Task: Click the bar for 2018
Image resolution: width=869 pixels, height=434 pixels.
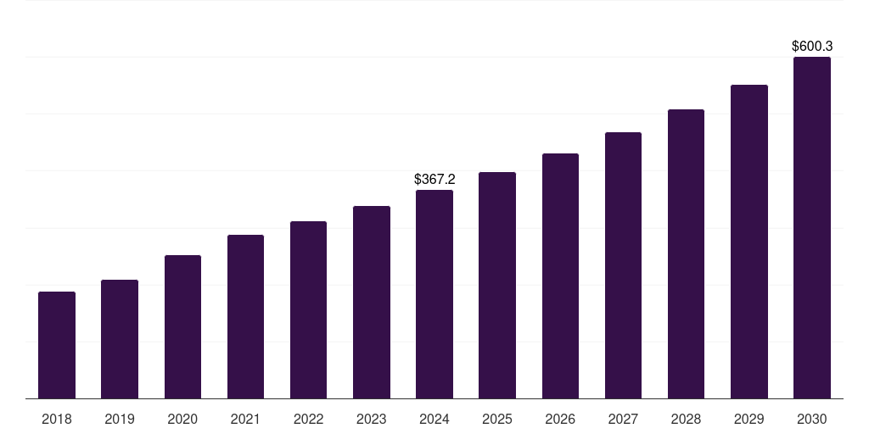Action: pyautogui.click(x=57, y=345)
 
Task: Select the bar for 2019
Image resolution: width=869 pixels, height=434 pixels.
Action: pyautogui.click(x=120, y=339)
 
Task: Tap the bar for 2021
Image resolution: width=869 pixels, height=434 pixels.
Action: pyautogui.click(x=245, y=317)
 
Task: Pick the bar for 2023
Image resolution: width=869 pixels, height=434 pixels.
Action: pyautogui.click(x=372, y=303)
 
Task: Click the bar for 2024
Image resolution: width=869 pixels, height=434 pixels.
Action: pyautogui.click(x=434, y=294)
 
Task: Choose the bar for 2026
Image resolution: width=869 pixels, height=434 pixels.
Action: pyautogui.click(x=560, y=276)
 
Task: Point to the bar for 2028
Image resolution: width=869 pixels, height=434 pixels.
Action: pyautogui.click(x=686, y=254)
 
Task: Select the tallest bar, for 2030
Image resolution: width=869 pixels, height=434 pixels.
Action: pyautogui.click(x=812, y=228)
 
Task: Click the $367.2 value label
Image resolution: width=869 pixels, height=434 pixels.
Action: pyautogui.click(x=434, y=180)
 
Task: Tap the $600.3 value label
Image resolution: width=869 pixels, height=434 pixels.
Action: pyautogui.click(x=812, y=47)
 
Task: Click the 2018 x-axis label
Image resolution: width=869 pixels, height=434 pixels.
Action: pyautogui.click(x=57, y=419)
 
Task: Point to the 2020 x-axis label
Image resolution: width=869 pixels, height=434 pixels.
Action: pyautogui.click(x=182, y=419)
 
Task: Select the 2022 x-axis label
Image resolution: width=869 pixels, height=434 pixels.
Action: pyautogui.click(x=309, y=419)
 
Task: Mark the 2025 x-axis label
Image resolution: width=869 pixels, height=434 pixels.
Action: pyautogui.click(x=497, y=419)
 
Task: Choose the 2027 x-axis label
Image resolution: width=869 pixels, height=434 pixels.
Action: pyautogui.click(x=623, y=419)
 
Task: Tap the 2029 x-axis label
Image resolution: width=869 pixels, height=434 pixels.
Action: pyautogui.click(x=749, y=419)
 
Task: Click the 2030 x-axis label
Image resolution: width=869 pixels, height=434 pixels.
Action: pyautogui.click(x=812, y=419)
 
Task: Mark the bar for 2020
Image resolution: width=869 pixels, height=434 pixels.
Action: pyautogui.click(x=182, y=327)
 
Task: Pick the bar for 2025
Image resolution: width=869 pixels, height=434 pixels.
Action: pyautogui.click(x=497, y=286)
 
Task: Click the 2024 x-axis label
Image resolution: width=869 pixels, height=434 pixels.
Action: pyautogui.click(x=434, y=419)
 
